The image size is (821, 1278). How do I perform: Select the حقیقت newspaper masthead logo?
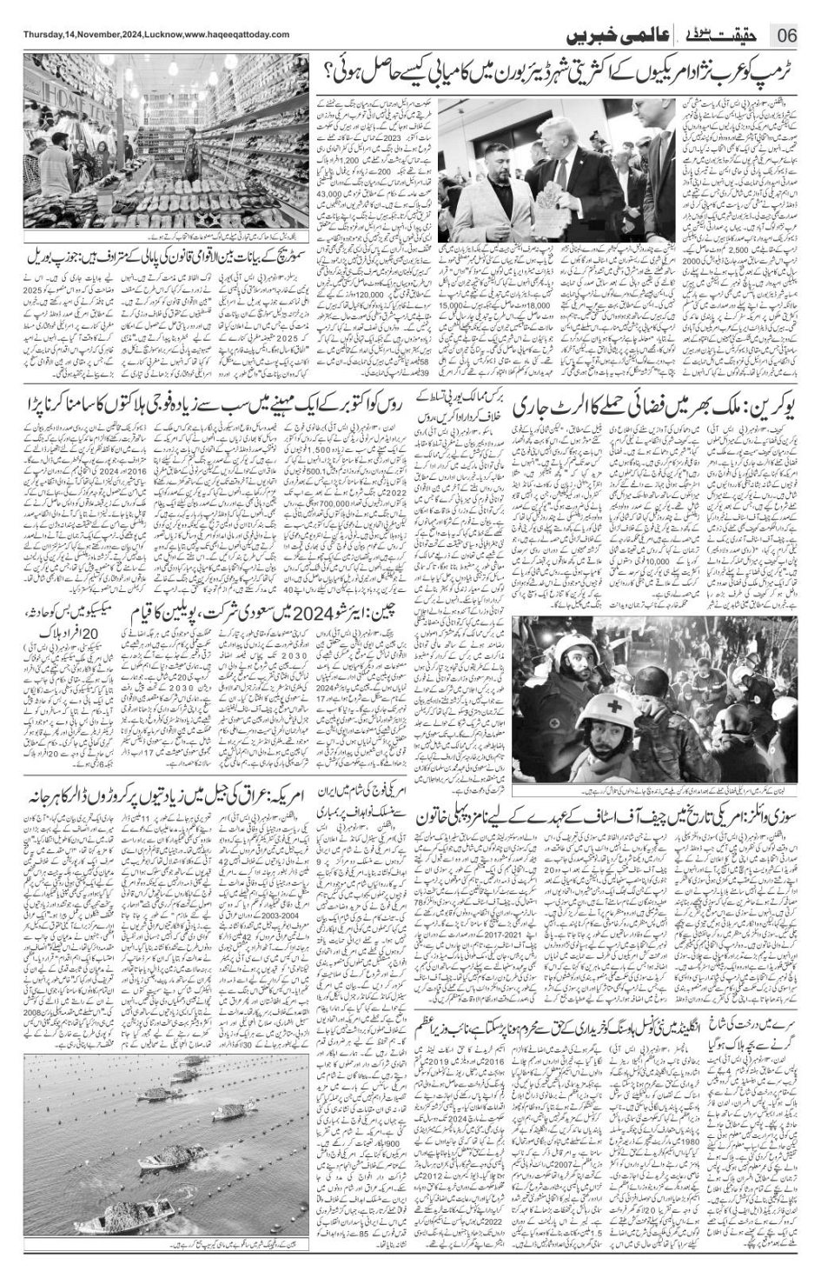[x=720, y=35]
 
